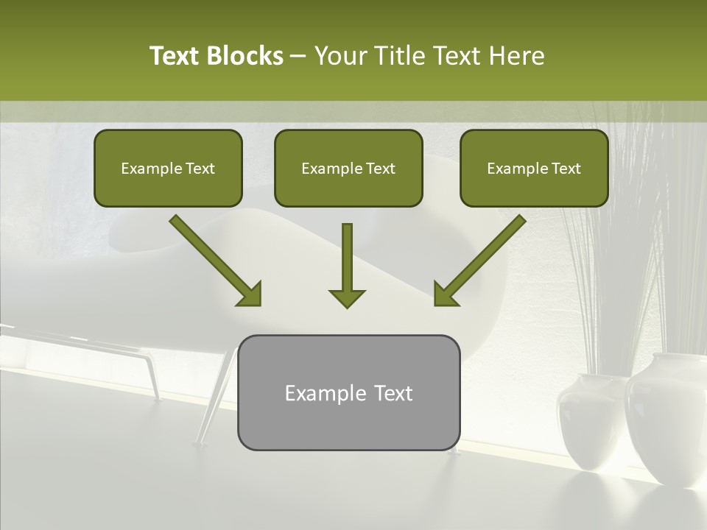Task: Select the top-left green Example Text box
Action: pos(168,168)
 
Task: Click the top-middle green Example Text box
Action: pos(348,168)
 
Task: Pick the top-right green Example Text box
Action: pos(534,168)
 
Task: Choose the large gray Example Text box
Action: pos(348,392)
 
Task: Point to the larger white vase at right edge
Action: pos(666,420)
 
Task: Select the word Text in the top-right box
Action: pos(566,169)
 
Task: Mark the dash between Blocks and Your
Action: pos(298,56)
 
